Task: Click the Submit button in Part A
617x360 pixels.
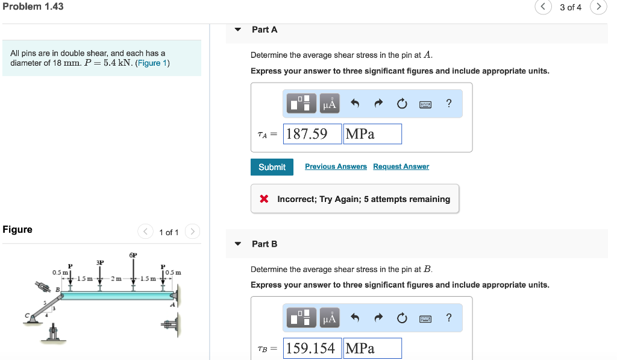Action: (272, 167)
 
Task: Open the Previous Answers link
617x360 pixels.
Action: (336, 166)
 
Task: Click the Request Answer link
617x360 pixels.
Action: (401, 166)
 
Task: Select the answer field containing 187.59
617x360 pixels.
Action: (312, 134)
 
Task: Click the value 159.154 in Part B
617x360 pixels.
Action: (312, 348)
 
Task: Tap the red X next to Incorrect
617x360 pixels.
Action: (264, 199)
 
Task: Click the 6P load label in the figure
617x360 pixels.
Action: (133, 256)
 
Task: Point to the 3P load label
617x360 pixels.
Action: (100, 262)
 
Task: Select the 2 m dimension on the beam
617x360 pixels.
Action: (116, 279)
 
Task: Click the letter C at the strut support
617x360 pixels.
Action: (27, 315)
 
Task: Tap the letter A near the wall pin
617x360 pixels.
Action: (172, 305)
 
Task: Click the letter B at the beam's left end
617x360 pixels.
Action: (58, 290)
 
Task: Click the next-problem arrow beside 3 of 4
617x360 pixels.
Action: (598, 7)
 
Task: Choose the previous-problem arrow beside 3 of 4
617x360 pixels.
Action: (542, 7)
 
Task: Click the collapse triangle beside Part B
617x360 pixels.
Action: (238, 244)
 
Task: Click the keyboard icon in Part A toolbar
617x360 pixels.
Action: (425, 104)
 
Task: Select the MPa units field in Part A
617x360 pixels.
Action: (372, 134)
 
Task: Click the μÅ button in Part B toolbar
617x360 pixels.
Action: (330, 318)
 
